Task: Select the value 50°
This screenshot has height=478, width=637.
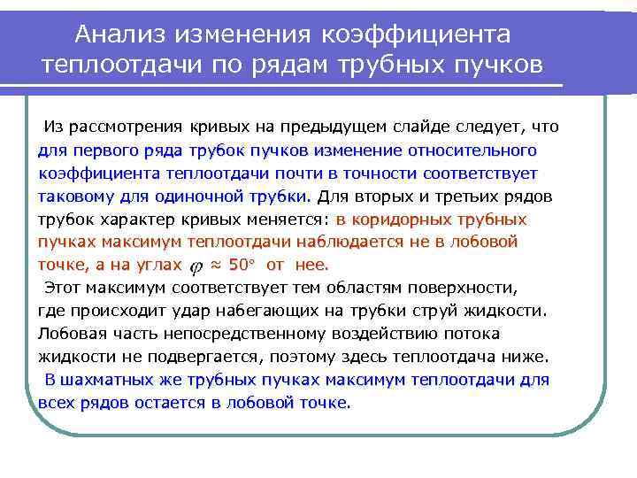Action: (241, 264)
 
